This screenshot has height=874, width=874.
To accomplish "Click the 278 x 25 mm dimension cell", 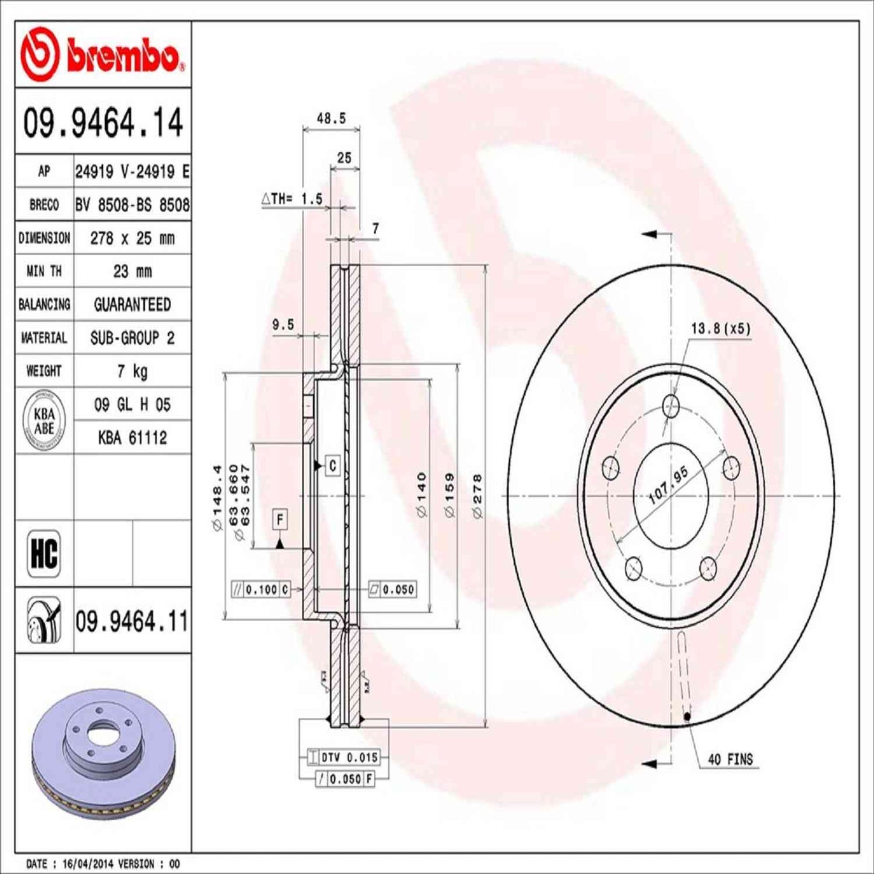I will [132, 238].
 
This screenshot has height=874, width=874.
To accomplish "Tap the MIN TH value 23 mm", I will [132, 271].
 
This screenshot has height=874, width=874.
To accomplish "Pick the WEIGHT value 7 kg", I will [132, 371].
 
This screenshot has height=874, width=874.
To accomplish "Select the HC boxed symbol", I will [44, 553].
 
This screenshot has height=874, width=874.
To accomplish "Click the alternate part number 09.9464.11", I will [132, 621].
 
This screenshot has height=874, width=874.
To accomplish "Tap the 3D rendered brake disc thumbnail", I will [103, 743].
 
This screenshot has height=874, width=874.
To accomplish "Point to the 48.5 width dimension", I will [331, 119].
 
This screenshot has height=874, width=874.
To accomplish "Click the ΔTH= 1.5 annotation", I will [292, 199].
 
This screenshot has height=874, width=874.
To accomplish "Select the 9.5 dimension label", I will [282, 325].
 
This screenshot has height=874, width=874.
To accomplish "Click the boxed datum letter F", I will [279, 520].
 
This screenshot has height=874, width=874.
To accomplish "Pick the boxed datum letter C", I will [333, 465].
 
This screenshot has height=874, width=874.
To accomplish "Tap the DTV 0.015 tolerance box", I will [344, 757].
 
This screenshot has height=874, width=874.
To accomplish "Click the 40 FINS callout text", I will [730, 759].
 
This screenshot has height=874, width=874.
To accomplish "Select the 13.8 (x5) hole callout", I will [720, 329].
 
